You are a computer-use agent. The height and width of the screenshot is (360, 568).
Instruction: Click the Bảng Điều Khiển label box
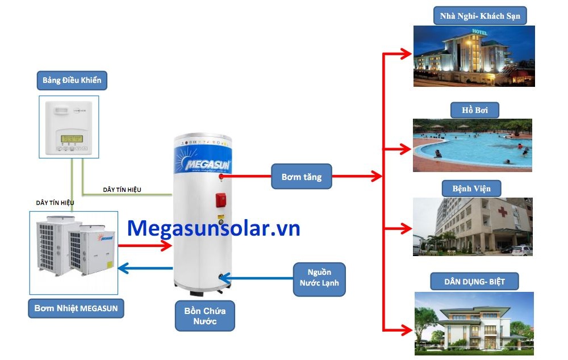tap(72, 80)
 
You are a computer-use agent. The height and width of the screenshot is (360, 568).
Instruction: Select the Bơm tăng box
tap(301, 177)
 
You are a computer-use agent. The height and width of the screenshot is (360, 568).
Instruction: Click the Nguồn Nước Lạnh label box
tap(320, 278)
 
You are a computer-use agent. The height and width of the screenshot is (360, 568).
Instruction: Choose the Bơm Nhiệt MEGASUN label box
tap(76, 308)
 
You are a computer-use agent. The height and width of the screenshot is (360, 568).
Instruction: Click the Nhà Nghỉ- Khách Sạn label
tap(479, 16)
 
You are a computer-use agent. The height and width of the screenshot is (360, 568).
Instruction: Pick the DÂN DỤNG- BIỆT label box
tap(475, 281)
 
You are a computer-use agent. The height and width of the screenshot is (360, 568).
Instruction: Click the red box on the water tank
tap(221, 200)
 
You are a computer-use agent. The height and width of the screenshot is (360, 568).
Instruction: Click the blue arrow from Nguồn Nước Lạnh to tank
tap(256, 278)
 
